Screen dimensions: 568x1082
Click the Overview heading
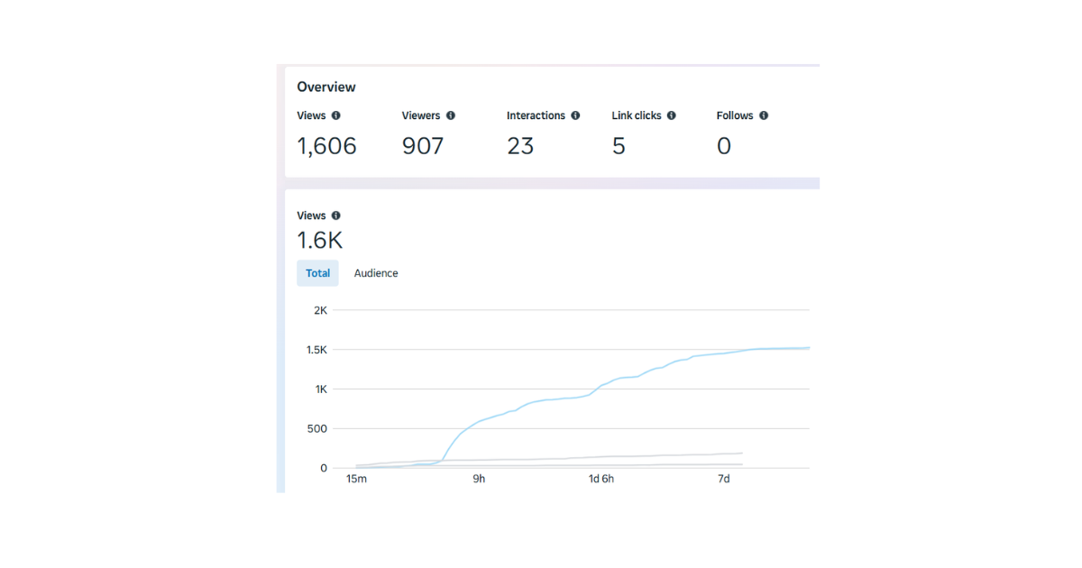326,87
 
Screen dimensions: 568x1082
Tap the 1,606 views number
327,146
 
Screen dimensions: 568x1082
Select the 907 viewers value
423,146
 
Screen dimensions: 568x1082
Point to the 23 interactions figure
520,146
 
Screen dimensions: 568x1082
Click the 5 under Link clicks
619,146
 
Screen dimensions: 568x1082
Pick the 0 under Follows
724,146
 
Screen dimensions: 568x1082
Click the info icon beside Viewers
451,115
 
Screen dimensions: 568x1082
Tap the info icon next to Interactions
575,115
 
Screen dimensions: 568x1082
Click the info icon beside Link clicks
672,115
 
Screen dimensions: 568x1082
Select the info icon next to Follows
764,115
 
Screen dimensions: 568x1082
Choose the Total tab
317,273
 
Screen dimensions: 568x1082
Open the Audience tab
376,273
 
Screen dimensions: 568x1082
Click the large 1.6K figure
320,241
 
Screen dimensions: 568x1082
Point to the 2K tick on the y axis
319,310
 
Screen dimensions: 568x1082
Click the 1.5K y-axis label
316,350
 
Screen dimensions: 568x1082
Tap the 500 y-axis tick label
316,428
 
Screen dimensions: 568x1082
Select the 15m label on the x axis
357,479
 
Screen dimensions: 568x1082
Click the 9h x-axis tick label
479,479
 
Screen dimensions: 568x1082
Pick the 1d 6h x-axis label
601,479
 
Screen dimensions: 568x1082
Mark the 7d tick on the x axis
723,479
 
